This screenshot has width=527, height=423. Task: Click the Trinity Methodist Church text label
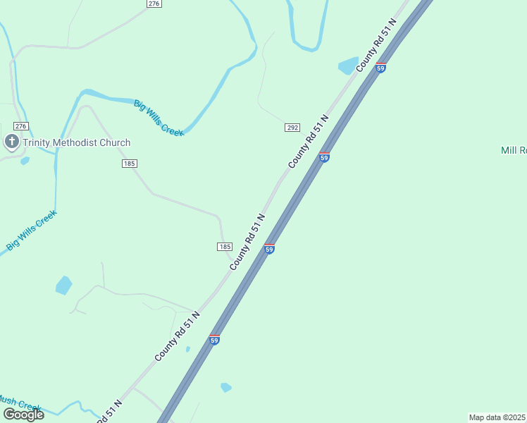pos(76,142)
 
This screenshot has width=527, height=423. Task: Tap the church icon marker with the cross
pos(11,142)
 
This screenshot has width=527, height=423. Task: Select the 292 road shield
pos(292,128)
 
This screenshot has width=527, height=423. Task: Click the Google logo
pos(23,415)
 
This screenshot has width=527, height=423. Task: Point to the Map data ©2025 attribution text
pos(497,417)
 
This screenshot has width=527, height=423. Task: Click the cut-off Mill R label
pos(513,150)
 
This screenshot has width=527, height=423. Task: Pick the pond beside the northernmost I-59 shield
pos(348,66)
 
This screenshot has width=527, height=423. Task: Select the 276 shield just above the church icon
pos(21,126)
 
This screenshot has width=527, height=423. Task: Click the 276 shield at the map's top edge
pos(154,4)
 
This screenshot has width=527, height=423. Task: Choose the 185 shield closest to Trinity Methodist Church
pos(129,164)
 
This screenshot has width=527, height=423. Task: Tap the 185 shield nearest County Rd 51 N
pos(224,246)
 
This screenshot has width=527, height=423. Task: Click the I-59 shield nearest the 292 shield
pos(324,157)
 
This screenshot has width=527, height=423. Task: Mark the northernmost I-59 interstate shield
pos(380,68)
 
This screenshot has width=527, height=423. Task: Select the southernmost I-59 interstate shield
pos(214,340)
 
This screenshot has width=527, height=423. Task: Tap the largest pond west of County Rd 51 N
pos(63,286)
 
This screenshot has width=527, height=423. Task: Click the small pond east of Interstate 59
pos(225,387)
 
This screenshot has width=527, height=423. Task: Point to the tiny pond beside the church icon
pos(25,161)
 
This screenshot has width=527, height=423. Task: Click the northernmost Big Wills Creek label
pos(159,118)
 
